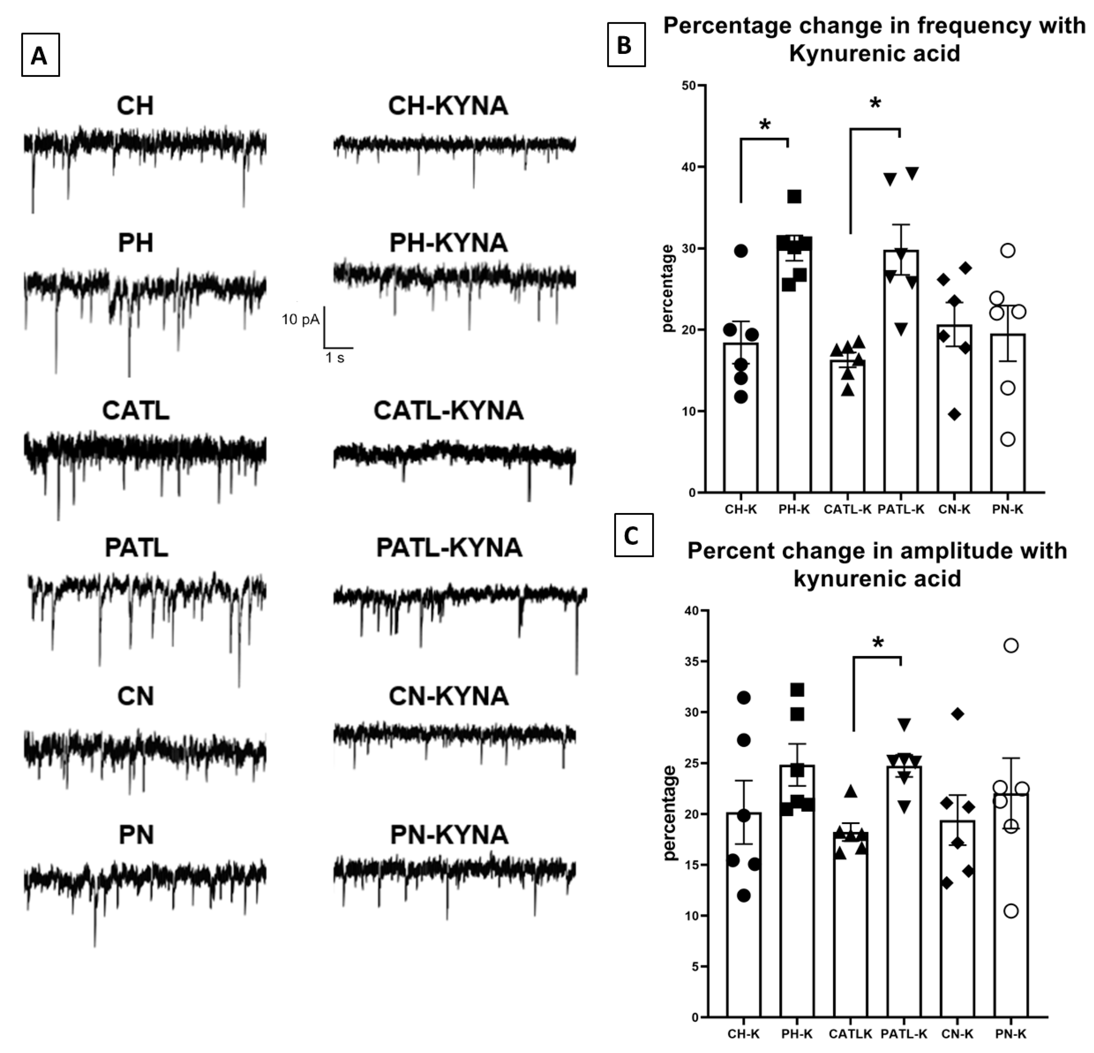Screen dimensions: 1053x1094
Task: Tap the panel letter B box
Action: click(626, 45)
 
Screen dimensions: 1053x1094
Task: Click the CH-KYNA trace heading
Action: click(448, 106)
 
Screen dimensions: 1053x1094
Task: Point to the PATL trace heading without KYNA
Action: click(136, 547)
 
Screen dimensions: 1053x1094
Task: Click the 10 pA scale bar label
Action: click(300, 319)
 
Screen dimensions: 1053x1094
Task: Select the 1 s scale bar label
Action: click(335, 357)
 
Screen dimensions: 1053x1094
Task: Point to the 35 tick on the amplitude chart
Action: click(692, 661)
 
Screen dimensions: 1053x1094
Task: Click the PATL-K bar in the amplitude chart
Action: click(904, 893)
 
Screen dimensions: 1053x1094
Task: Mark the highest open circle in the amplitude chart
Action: click(1011, 646)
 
